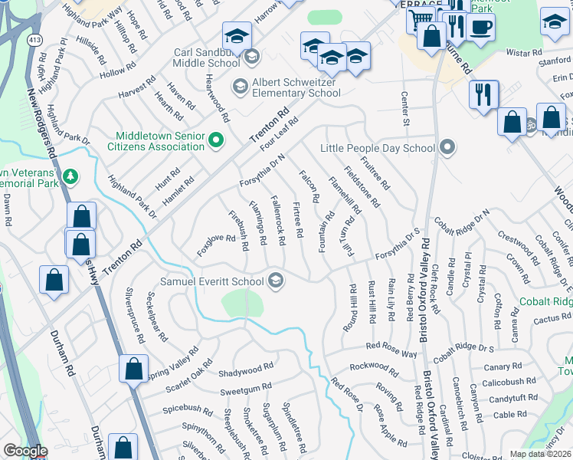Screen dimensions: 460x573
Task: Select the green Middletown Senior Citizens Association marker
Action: (216, 139)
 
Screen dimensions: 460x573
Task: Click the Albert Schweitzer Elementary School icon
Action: (239, 84)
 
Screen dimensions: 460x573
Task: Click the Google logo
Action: (25, 451)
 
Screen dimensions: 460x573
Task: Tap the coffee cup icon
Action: (480, 28)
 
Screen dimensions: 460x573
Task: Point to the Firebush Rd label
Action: (237, 231)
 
